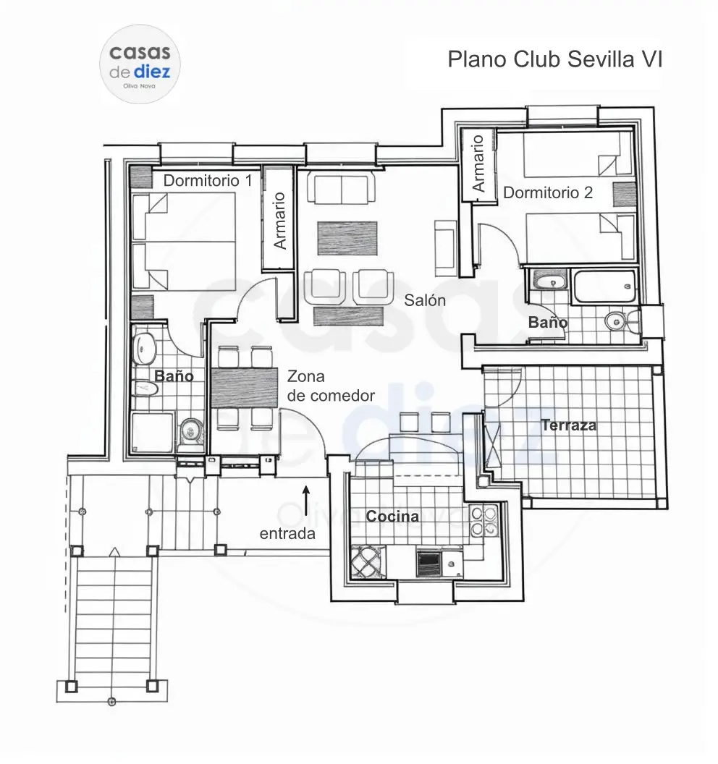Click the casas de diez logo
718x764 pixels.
point(140,64)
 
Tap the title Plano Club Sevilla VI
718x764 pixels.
point(555,59)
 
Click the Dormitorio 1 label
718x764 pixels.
point(208,181)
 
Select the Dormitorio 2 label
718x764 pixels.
point(548,192)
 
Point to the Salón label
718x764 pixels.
point(425,300)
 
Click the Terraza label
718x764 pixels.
point(569,425)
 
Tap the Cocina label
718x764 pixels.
point(392,517)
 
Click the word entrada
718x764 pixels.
point(287,533)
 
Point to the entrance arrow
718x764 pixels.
point(306,500)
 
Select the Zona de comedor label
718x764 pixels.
point(331,386)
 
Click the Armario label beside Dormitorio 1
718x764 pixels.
point(279,221)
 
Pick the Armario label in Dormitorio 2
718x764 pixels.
point(478,164)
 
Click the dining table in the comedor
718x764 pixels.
point(244,387)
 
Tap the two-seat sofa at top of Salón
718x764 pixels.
point(341,189)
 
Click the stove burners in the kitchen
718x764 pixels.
point(484,522)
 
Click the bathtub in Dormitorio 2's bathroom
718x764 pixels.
point(604,286)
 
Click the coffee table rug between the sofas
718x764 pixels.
point(347,238)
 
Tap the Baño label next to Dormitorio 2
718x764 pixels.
point(548,322)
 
